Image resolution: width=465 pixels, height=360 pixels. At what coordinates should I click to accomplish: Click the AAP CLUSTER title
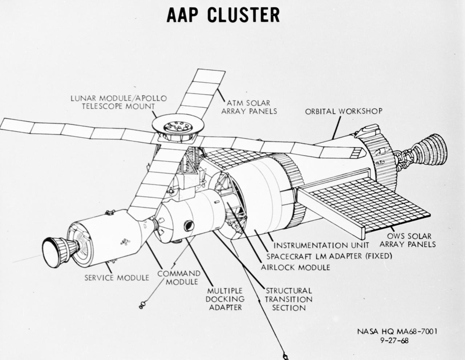pos(223,15)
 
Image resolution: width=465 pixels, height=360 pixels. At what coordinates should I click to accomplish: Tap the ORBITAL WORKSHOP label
pos(344,111)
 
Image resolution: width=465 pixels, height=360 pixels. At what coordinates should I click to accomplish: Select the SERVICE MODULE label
pos(117,278)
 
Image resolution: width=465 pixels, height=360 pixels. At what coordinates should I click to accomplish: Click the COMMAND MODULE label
pos(179,277)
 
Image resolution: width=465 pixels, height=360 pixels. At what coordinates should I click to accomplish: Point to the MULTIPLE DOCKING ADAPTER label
pos(225,299)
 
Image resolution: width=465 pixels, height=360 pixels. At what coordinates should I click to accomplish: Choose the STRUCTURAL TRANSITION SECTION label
pos(288,299)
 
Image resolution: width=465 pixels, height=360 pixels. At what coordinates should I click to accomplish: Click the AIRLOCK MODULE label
pos(295,267)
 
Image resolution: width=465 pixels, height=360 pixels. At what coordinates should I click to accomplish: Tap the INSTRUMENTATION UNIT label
pos(321,245)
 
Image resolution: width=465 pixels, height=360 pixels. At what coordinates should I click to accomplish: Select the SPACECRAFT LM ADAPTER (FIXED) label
pos(329,256)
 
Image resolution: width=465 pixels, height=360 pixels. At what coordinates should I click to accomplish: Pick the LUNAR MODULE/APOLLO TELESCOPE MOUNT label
pos(119,102)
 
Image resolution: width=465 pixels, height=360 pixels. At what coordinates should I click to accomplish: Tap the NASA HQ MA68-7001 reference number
pos(397,331)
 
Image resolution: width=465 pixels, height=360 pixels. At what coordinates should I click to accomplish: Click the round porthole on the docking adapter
pos(189,226)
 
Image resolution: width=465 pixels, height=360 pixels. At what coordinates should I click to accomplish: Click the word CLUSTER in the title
pos(243,15)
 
